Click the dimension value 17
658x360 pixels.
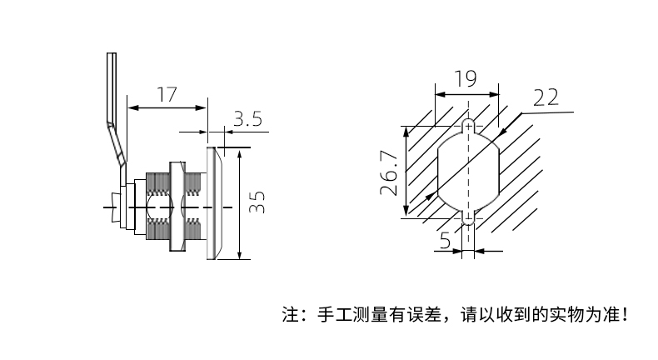[167, 94]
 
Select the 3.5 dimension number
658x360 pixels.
[248, 119]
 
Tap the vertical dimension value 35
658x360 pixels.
[257, 202]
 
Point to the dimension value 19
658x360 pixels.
[466, 78]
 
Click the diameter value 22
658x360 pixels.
[546, 97]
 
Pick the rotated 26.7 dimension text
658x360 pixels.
[389, 172]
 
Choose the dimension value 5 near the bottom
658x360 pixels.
[445, 241]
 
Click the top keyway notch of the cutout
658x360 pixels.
[468, 126]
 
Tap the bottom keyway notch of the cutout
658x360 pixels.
[468, 217]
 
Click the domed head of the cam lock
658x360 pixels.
[214, 203]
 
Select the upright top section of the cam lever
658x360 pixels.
[112, 87]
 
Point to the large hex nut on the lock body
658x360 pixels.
[177, 207]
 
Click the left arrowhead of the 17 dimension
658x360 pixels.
[132, 108]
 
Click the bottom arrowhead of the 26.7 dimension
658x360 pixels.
[406, 211]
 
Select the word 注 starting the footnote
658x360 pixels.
[290, 315]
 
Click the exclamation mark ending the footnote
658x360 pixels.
[626, 314]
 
